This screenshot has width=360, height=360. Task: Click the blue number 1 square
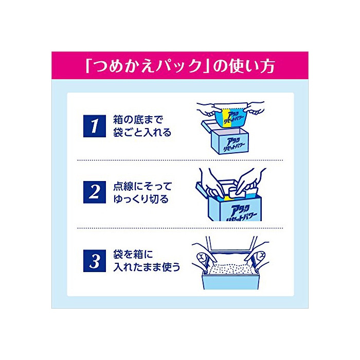(x=94, y=126)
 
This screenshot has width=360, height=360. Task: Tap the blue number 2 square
(x=94, y=192)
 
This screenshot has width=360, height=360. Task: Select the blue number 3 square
(x=94, y=261)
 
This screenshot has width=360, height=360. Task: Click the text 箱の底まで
(x=138, y=120)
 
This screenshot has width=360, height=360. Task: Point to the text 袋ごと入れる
(x=142, y=133)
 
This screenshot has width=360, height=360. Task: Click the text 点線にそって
(x=142, y=186)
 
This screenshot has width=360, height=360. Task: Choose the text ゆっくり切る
(x=141, y=199)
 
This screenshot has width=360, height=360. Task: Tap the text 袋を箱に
(x=133, y=255)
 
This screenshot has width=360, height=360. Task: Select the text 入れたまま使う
(x=147, y=267)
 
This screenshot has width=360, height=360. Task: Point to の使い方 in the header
(x=244, y=66)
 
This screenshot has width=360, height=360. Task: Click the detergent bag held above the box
(x=230, y=115)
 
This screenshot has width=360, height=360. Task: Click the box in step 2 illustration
(x=229, y=204)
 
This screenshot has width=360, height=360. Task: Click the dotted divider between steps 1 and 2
(x=180, y=160)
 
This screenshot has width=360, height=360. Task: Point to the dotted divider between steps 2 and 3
(x=180, y=228)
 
